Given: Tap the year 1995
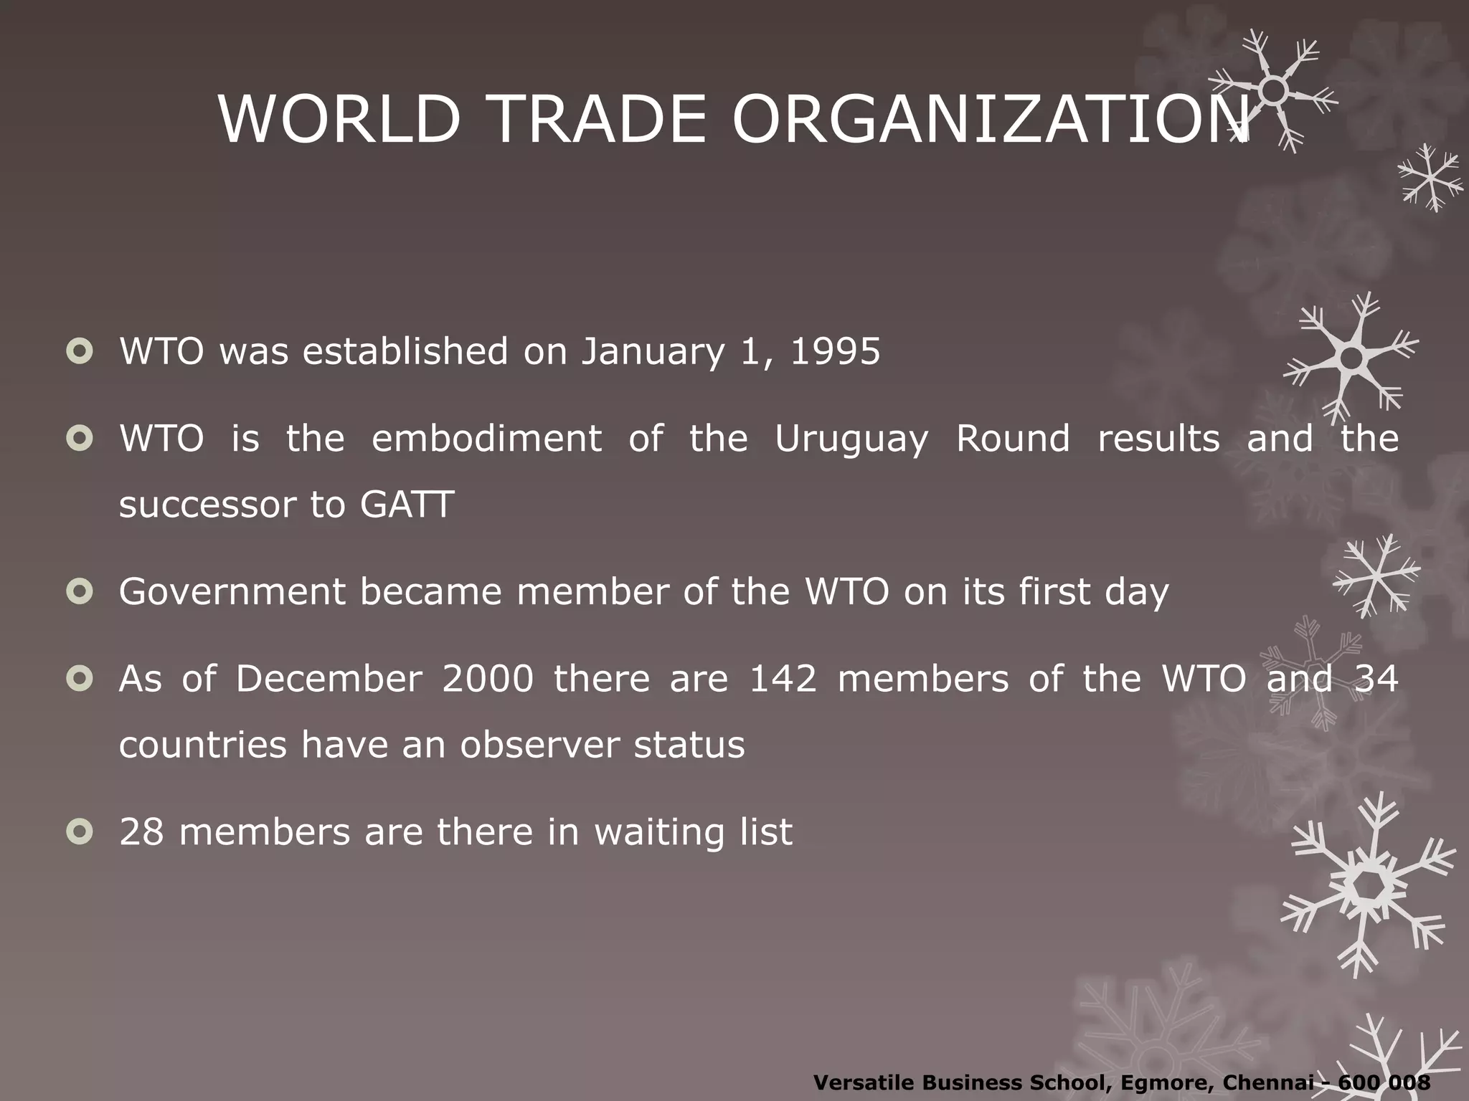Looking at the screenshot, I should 835,351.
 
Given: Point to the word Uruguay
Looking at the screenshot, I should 851,439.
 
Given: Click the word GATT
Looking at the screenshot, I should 407,505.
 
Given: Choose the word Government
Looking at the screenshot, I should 232,592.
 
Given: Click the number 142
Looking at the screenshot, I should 783,678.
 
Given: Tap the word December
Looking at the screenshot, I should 329,678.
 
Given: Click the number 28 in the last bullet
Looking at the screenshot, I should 141,832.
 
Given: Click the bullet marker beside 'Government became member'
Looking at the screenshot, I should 80,591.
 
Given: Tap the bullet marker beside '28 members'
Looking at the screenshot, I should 80,831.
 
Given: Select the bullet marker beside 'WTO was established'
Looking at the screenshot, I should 80,351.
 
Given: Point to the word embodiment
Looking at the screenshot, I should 486,439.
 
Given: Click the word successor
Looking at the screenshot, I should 207,505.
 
